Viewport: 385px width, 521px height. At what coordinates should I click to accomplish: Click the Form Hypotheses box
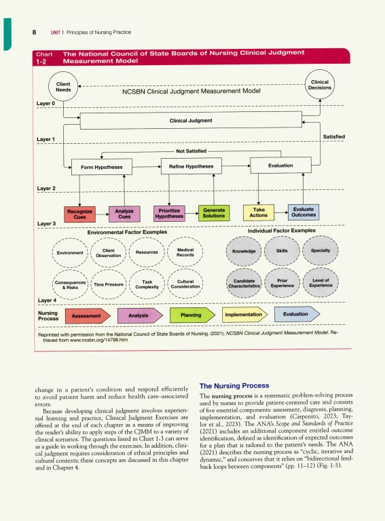tap(97, 166)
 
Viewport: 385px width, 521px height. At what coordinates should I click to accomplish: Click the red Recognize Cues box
tap(80, 214)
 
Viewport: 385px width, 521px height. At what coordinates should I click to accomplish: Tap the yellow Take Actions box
tap(259, 213)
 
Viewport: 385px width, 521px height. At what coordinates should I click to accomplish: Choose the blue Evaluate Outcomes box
tap(303, 213)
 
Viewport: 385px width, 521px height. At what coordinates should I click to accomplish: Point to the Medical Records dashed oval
tap(185, 252)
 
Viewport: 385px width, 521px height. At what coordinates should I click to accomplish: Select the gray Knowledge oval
tap(243, 252)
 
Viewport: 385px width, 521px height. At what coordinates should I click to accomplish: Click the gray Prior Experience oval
tap(282, 284)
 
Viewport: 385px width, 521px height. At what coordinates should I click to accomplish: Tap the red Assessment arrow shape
tap(87, 316)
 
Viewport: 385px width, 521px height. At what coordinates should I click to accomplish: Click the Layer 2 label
tap(46, 188)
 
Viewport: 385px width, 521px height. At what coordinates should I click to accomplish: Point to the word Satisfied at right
tap(333, 137)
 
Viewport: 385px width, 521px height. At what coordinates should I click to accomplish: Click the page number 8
tap(34, 32)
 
